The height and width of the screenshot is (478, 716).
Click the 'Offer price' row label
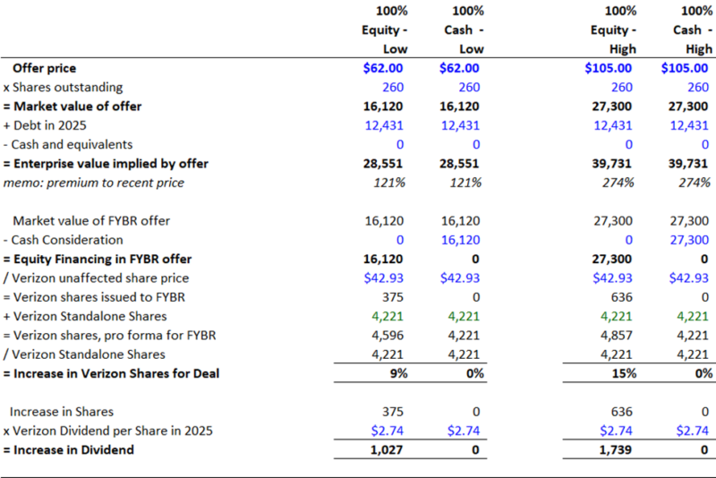[x=44, y=68]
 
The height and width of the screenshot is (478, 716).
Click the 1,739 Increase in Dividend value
[x=615, y=449]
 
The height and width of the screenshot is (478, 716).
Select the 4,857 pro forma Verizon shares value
[x=618, y=336]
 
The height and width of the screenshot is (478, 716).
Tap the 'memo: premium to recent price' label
[x=93, y=183]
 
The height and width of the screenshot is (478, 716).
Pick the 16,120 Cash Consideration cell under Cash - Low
[x=460, y=240]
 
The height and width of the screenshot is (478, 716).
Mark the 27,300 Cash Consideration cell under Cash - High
[x=688, y=240]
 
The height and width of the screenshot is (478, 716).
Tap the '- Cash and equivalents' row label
[x=68, y=144]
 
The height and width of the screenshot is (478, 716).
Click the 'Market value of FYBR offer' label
[x=91, y=221]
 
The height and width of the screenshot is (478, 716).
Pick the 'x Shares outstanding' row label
[x=63, y=87]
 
